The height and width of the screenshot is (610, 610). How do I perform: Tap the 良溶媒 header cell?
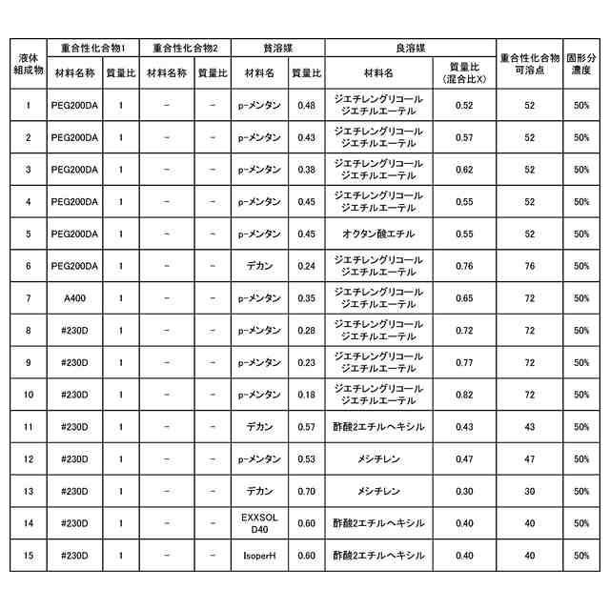click(410, 47)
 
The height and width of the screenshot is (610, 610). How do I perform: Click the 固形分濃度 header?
click(580, 64)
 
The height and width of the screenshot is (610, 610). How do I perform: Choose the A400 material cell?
click(74, 297)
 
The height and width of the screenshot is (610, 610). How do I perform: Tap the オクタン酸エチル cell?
click(377, 234)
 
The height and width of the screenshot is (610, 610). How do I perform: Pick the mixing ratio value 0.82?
click(464, 394)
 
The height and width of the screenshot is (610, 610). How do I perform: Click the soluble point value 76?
click(529, 266)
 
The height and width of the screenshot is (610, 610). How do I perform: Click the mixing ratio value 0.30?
click(464, 491)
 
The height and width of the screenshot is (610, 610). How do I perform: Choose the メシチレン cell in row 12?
click(377, 458)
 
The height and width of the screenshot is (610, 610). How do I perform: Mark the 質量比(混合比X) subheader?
click(464, 72)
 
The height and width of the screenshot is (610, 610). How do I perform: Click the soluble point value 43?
click(529, 426)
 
